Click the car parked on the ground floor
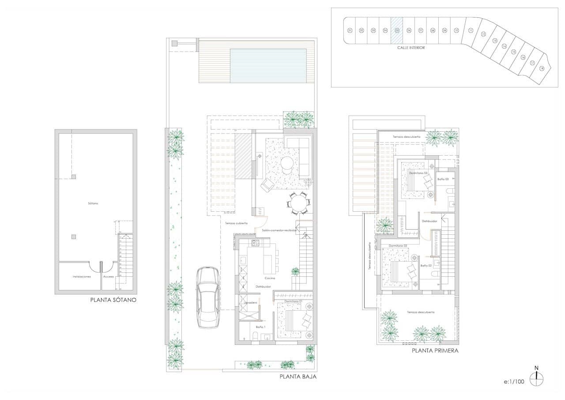pos(207,297)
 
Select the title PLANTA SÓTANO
pos(113,300)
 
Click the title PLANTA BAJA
pos(298,377)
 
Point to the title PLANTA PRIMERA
pos(435,351)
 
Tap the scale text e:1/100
pos(514,381)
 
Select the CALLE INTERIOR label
pos(411,48)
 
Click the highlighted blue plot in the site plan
pos(397,30)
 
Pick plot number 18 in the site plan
pos(542,68)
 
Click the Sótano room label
pos(93,203)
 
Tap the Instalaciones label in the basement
pos(82,277)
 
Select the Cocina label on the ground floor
pos(270,278)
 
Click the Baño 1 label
pos(260,327)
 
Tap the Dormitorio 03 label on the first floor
pos(418,173)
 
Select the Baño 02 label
pos(426,266)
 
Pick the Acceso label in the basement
pos(109,277)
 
